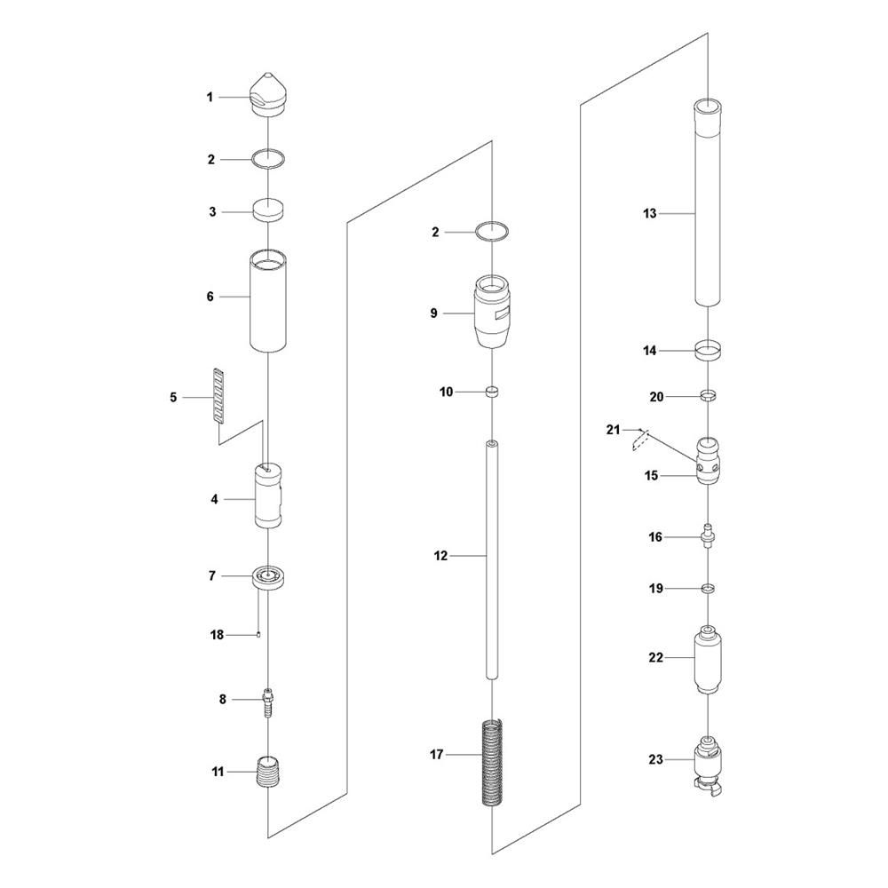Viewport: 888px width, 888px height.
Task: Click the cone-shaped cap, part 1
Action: pos(266,95)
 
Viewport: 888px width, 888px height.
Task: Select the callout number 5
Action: pos(173,398)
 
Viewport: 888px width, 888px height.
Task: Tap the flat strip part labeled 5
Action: pos(219,396)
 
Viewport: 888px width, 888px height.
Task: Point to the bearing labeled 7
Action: pos(268,577)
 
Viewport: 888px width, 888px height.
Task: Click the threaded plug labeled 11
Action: pos(268,772)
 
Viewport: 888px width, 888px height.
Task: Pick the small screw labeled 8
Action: pos(268,702)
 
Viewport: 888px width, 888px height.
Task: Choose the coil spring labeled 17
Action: pos(492,762)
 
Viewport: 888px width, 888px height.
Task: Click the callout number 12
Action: pos(440,556)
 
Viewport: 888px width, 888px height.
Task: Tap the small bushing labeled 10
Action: pos(492,392)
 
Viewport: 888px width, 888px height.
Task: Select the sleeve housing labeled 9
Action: pos(492,311)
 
